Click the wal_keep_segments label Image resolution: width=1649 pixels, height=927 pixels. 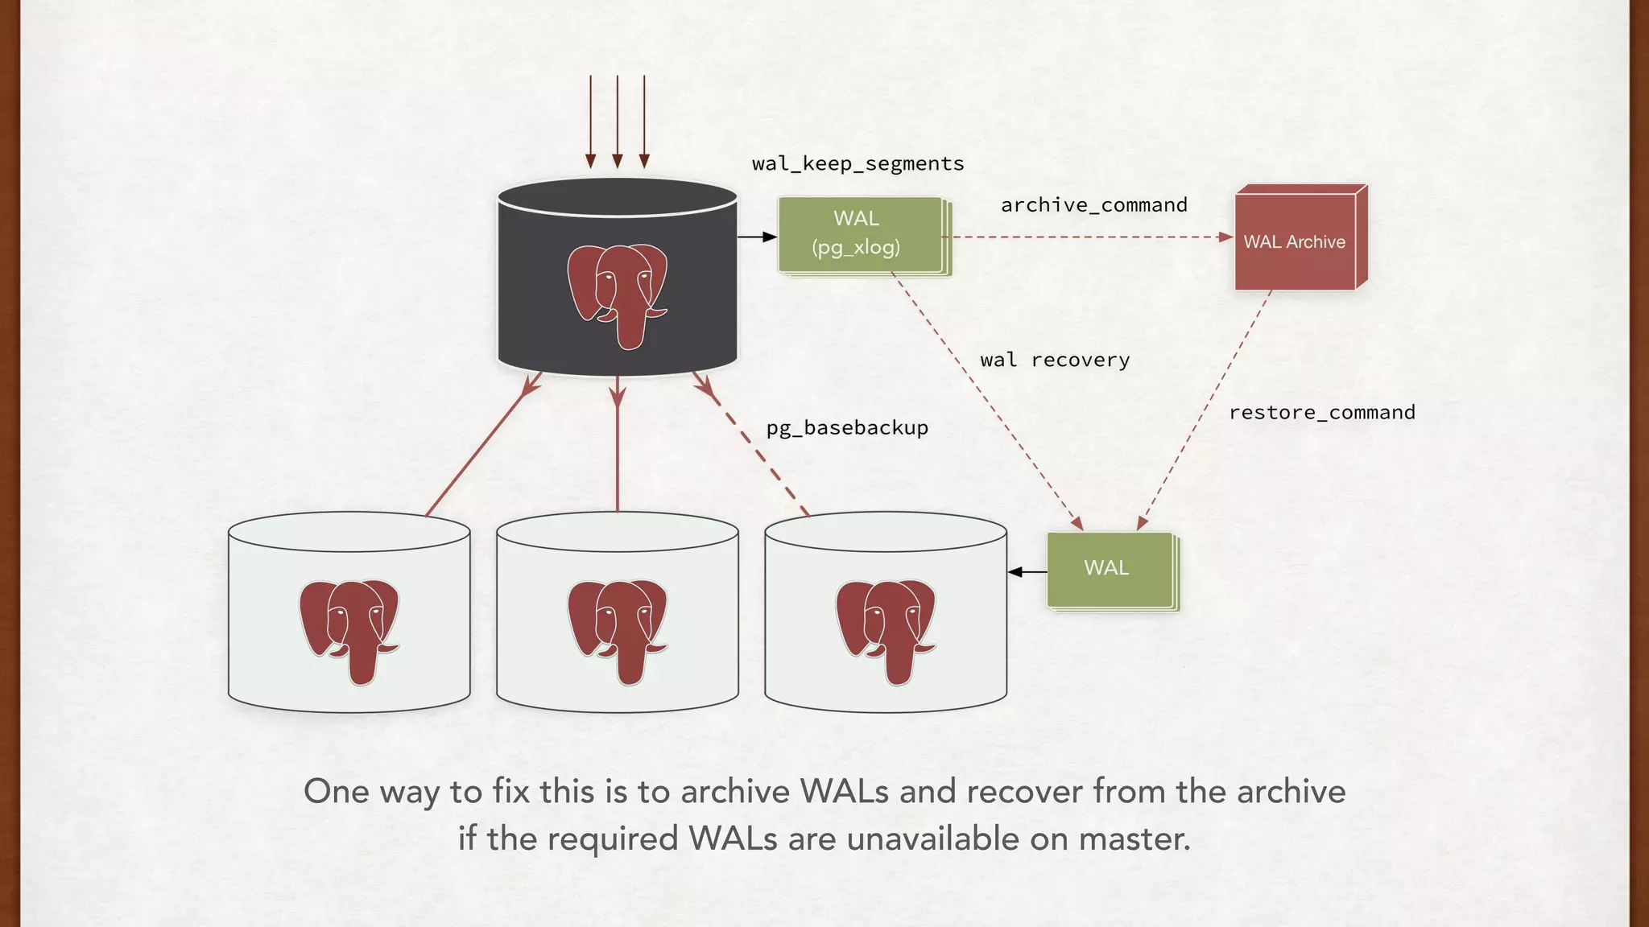point(858,164)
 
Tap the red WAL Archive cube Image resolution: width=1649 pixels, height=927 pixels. point(1296,240)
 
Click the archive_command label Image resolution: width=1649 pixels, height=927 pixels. point(1093,205)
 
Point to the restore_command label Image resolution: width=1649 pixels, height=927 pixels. point(1321,413)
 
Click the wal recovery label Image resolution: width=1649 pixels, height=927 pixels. point(1055,360)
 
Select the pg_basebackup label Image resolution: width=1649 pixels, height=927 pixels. point(847,428)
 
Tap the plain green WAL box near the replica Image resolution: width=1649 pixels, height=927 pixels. point(1109,569)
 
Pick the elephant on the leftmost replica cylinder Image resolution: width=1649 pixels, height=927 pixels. point(349,630)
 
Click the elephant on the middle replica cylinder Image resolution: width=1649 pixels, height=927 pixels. point(618,630)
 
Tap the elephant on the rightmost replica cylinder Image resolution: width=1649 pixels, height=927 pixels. point(885,630)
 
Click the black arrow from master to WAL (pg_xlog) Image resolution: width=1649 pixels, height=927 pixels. point(757,237)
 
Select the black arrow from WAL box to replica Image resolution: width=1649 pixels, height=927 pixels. point(1027,572)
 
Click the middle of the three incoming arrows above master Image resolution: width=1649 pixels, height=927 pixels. point(618,121)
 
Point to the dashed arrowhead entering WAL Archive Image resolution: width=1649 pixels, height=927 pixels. point(1225,237)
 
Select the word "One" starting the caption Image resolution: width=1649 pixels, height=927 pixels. point(336,792)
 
